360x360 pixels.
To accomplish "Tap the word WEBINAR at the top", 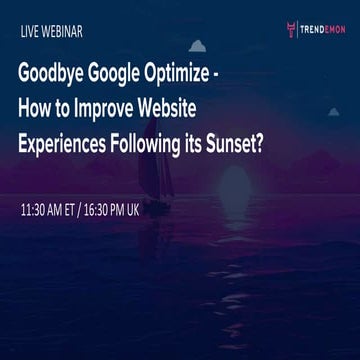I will point(63,31).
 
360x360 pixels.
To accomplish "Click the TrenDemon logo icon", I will point(290,29).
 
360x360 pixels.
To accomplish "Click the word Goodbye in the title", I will point(55,78).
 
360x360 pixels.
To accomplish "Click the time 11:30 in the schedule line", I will point(38,214).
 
